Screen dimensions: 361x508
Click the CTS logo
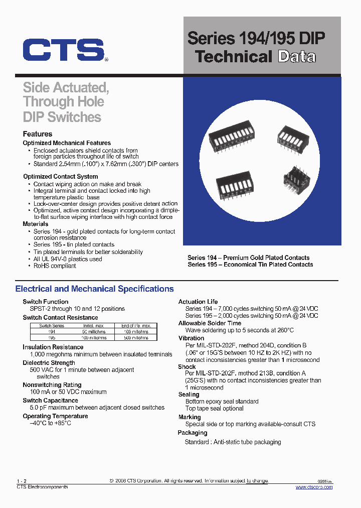[64, 51]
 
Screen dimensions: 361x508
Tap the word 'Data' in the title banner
[297, 56]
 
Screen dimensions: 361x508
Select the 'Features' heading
[38, 134]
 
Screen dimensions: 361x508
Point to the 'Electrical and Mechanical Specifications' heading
[95, 289]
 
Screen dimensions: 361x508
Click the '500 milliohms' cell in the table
[135, 338]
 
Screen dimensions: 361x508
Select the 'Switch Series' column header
[52, 326]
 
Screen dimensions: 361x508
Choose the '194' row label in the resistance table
[52, 332]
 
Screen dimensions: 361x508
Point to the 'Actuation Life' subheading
[198, 302]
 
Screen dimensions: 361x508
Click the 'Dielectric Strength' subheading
[49, 363]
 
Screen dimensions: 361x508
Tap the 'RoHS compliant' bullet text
[55, 266]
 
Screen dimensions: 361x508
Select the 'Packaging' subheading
[193, 433]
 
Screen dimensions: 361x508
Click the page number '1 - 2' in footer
[21, 481]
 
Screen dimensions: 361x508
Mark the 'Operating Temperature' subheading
[55, 416]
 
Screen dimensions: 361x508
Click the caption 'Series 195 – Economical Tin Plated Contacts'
[250, 265]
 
